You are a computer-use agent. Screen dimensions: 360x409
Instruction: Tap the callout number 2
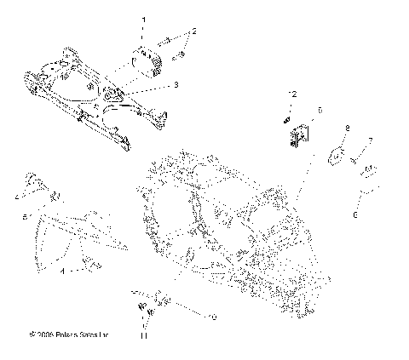pos(194,31)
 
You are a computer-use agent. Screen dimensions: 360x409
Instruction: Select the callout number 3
pos(176,85)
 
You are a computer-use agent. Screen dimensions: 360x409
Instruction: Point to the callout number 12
pos(291,92)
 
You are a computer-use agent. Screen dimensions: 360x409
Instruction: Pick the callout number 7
pos(371,140)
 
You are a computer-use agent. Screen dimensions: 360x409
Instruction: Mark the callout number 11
pos(144,337)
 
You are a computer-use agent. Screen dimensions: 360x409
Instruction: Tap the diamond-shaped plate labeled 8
pos(337,155)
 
